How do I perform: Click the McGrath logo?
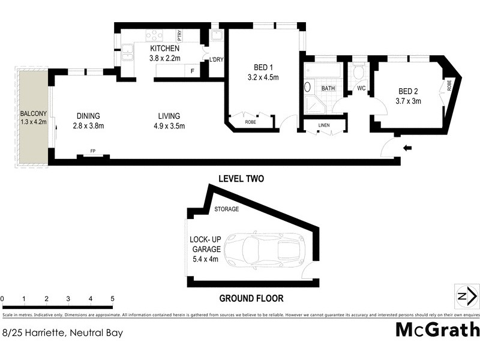437,329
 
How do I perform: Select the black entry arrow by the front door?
409,148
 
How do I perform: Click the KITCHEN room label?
164,49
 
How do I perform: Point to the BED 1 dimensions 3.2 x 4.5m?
263,77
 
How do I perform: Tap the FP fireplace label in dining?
93,151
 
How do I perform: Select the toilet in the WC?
358,73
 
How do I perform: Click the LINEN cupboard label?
324,125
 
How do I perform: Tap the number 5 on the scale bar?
112,298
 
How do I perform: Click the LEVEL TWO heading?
241,179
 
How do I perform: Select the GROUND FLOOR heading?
251,298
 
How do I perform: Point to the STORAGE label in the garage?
227,209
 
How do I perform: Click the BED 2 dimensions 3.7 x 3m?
409,101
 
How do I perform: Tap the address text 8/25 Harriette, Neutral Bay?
62,332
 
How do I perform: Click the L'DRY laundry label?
215,59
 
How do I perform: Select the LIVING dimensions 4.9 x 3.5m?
169,126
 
